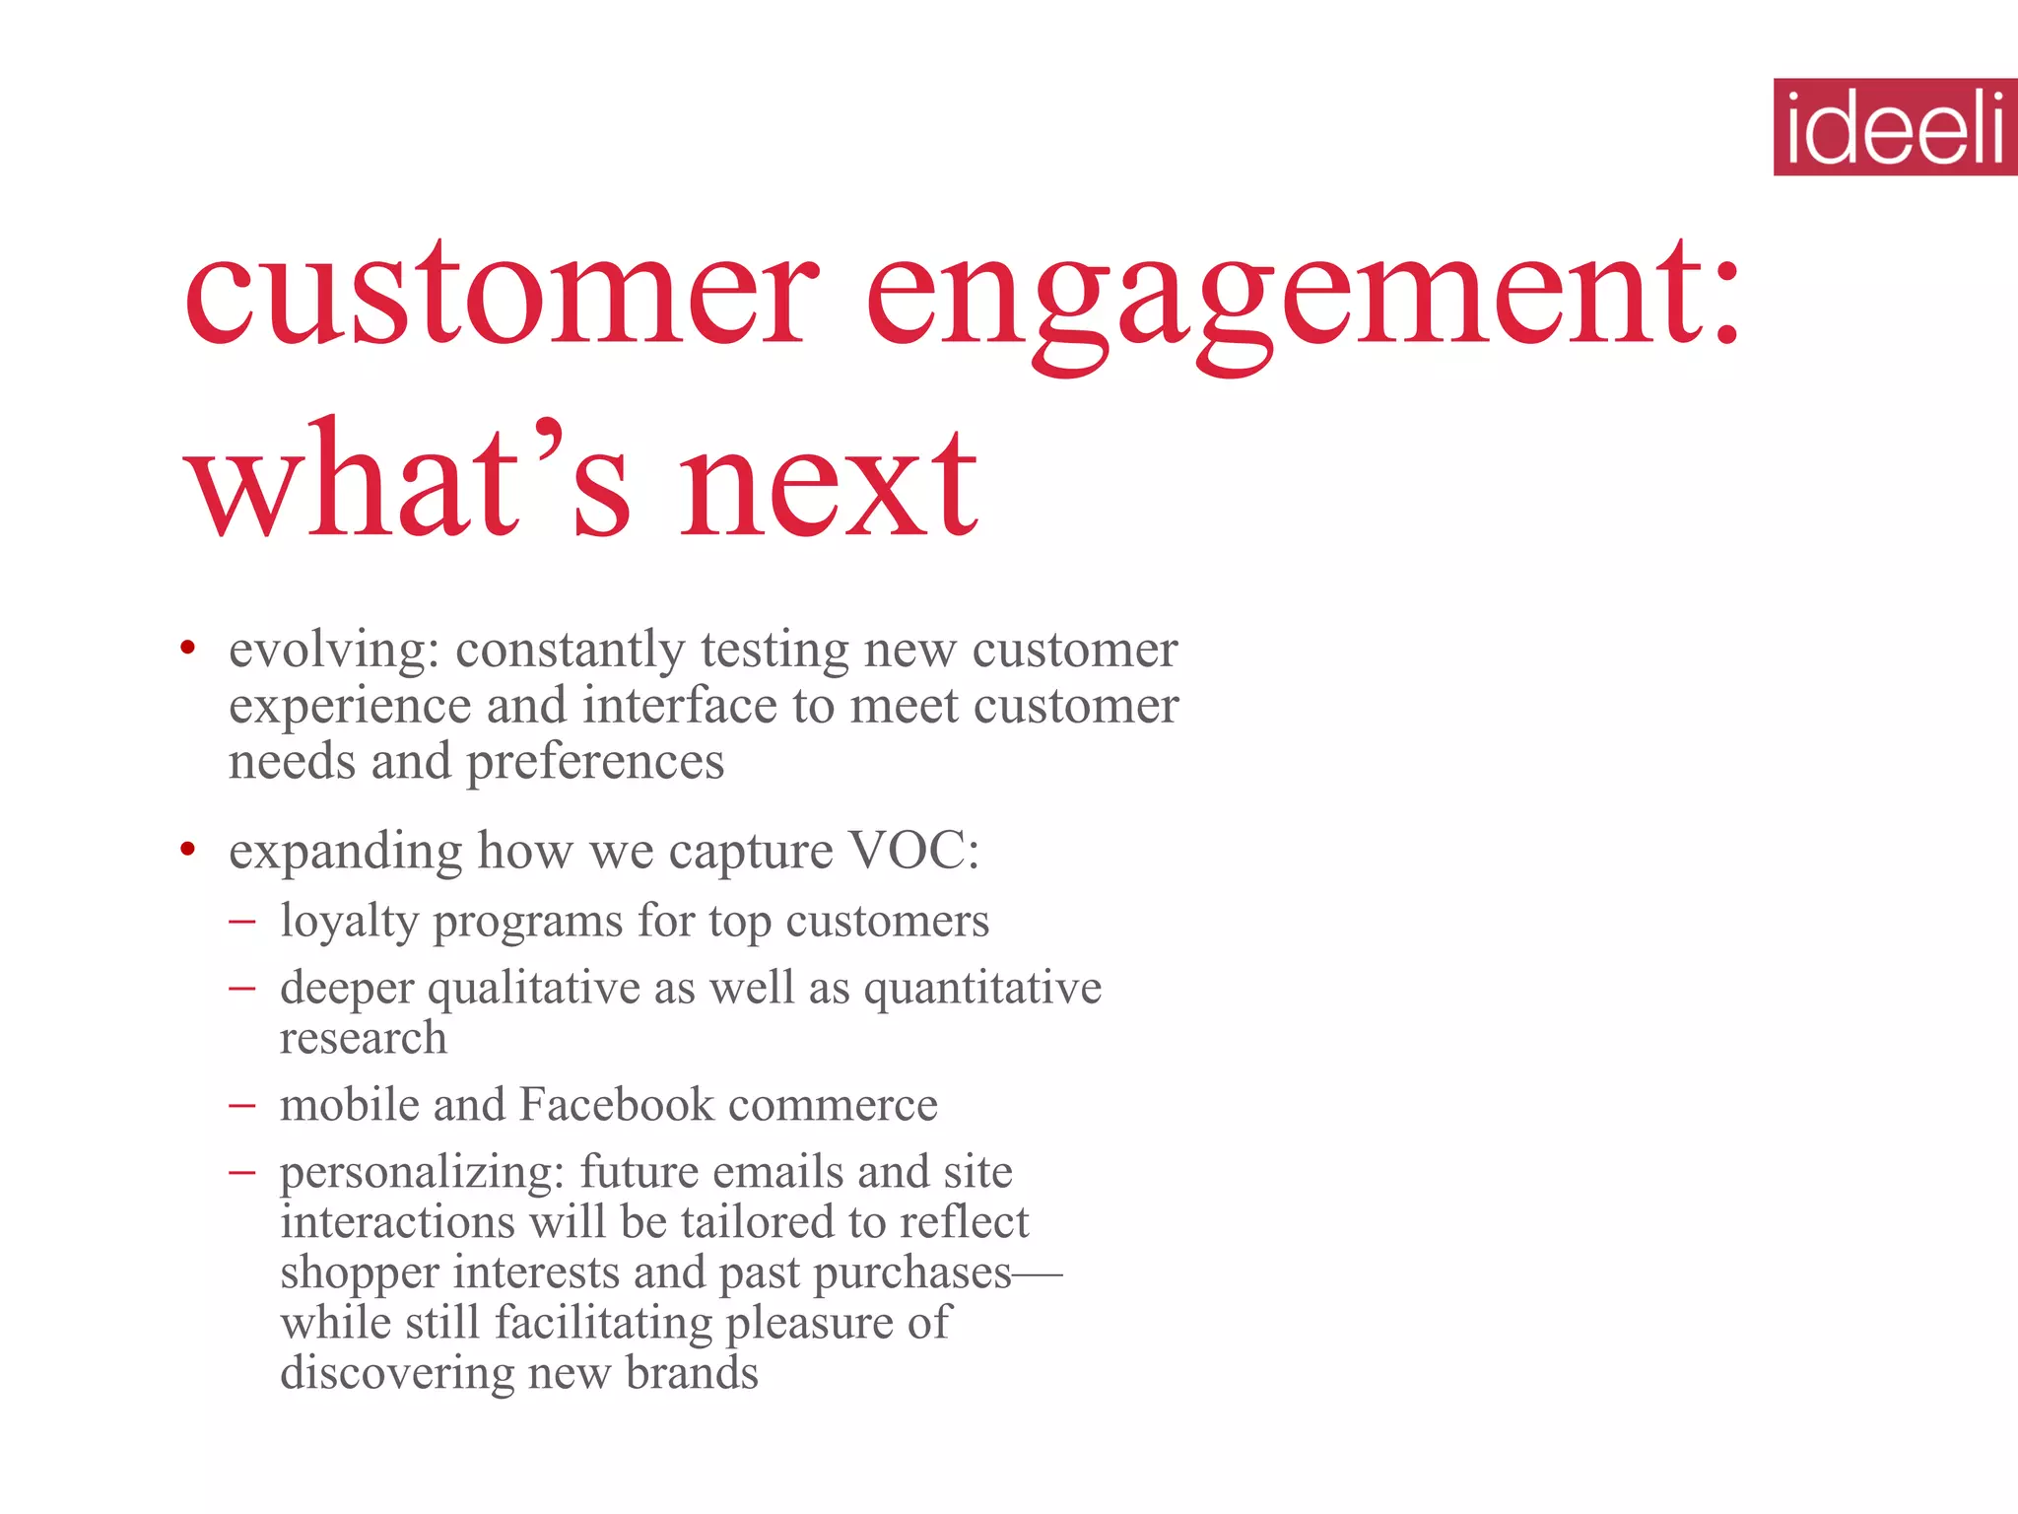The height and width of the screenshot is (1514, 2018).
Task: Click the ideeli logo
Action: tap(1895, 127)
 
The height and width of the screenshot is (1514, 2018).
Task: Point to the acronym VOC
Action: tap(912, 850)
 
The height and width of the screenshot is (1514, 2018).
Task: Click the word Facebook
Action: tap(616, 1104)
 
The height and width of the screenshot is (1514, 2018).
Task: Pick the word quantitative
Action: tap(982, 988)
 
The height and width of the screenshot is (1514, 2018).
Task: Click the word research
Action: tap(363, 1037)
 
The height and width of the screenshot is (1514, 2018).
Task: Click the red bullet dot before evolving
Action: tap(187, 649)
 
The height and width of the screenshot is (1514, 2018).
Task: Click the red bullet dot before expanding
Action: tap(187, 849)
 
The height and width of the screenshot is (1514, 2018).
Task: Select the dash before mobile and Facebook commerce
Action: tap(241, 1106)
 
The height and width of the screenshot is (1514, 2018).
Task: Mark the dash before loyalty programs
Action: tap(241, 923)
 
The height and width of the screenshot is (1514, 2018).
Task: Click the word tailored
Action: tap(757, 1222)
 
